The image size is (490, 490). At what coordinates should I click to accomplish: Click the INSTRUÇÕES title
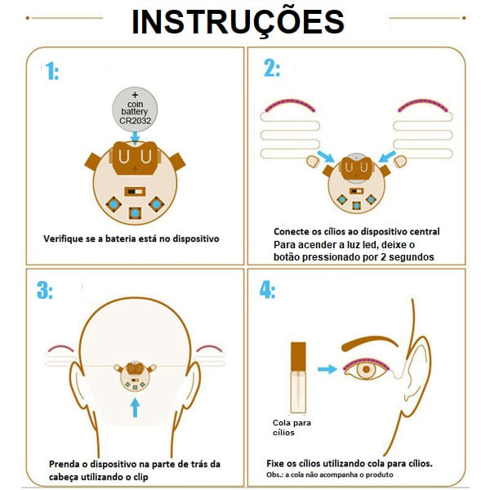238,22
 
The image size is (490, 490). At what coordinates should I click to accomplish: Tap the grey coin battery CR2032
135,109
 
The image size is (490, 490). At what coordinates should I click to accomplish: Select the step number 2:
272,68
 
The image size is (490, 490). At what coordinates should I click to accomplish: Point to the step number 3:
45,290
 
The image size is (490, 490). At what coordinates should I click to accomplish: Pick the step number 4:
268,290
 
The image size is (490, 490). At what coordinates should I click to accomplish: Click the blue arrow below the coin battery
135,138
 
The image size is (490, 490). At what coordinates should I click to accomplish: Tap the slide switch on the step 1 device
135,191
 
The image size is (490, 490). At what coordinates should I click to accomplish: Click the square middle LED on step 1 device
135,213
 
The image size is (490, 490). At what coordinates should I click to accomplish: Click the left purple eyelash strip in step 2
290,104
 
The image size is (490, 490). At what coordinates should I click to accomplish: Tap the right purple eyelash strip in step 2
423,104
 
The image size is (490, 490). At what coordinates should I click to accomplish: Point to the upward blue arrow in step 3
135,408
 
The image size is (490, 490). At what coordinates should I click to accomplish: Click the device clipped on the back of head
135,376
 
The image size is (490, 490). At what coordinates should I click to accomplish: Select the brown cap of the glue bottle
298,356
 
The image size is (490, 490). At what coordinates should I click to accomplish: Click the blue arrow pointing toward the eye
327,369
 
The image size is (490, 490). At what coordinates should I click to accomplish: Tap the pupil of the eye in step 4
366,370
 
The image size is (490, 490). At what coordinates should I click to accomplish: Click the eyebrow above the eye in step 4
370,343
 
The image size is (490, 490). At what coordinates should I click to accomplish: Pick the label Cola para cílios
292,427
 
